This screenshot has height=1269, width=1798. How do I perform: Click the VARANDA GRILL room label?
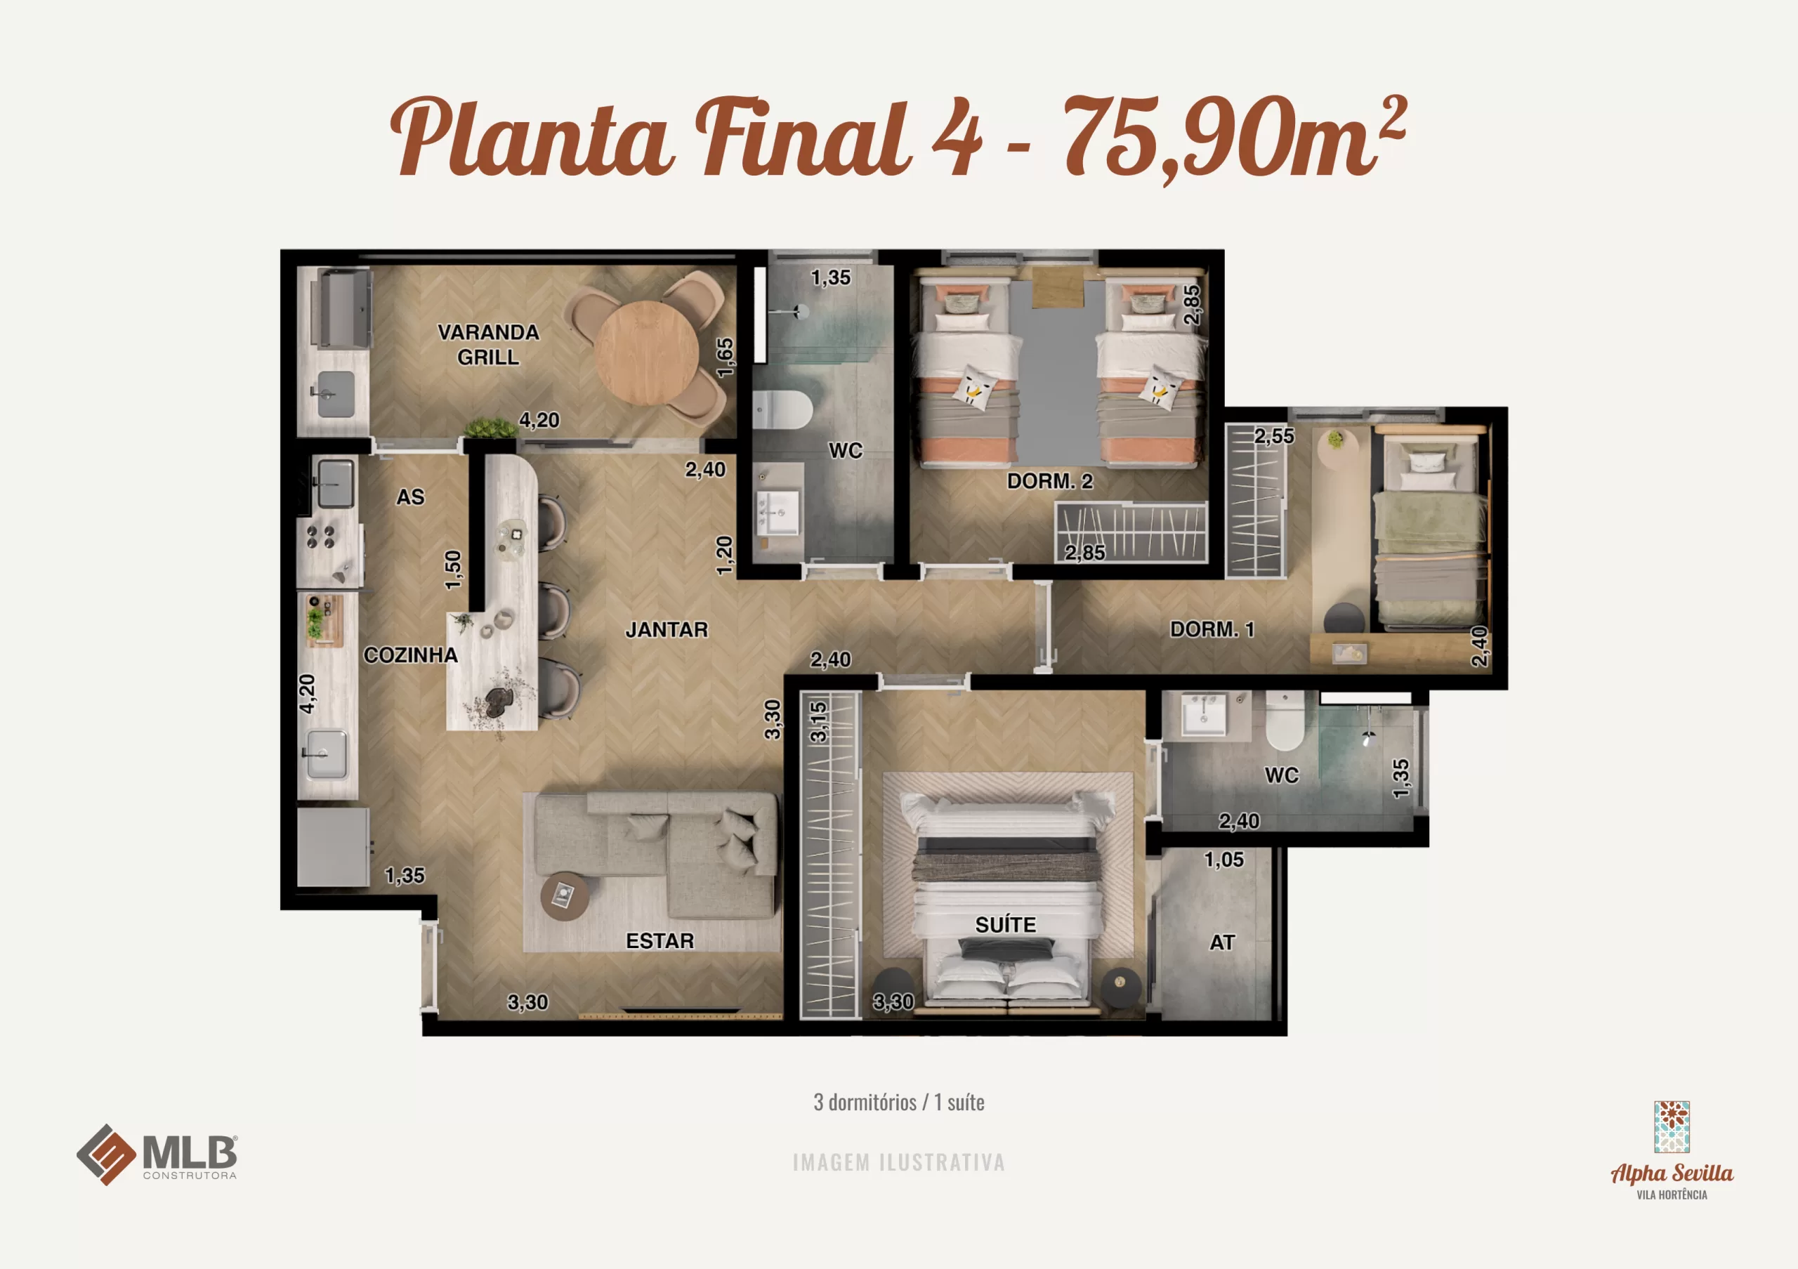[488, 344]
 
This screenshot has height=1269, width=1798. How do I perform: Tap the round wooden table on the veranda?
[646, 353]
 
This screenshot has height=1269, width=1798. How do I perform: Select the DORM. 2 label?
[1049, 482]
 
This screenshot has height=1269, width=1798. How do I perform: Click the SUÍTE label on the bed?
[1006, 926]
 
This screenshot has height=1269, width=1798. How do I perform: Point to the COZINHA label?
[410, 655]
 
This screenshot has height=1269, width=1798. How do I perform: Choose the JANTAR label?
[667, 630]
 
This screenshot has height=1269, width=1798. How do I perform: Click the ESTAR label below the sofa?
[660, 941]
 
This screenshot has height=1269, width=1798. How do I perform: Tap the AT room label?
[1221, 942]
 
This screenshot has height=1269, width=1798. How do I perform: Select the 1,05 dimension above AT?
[1223, 860]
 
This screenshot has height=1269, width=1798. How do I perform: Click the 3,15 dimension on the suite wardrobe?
[818, 722]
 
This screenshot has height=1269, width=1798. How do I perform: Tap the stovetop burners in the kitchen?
[321, 537]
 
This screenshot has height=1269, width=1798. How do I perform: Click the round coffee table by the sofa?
[565, 895]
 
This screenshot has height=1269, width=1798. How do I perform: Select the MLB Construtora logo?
[157, 1155]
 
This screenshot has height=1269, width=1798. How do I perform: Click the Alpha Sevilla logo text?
[1672, 1173]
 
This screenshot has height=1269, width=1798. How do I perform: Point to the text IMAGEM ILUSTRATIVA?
[898, 1162]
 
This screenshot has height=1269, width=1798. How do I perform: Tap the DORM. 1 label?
[1212, 629]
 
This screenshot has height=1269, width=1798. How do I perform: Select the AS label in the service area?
[410, 497]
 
